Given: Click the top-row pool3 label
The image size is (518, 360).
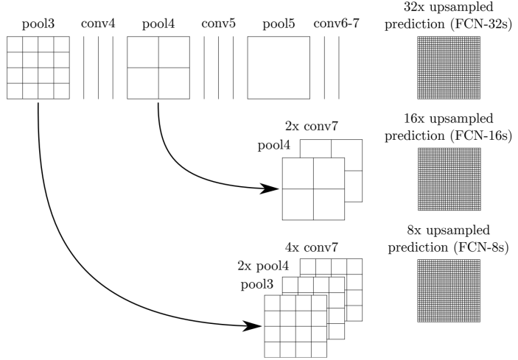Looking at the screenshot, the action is click(x=38, y=24).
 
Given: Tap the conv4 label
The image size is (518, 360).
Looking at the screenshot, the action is click(x=98, y=24).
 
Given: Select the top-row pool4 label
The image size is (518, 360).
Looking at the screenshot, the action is click(x=158, y=24).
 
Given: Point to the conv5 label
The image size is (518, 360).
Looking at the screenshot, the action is click(x=218, y=24).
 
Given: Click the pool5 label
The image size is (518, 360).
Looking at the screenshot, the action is click(x=279, y=24).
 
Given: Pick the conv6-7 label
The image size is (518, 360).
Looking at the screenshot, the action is click(x=336, y=24).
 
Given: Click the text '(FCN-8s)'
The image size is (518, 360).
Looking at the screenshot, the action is click(x=481, y=247).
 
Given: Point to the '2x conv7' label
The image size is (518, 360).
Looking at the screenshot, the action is click(x=312, y=126).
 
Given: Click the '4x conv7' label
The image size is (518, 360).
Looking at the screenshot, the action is click(x=312, y=247).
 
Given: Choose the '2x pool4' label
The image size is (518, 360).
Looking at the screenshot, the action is click(x=263, y=267).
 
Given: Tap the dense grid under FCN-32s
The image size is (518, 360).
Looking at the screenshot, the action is click(x=449, y=68).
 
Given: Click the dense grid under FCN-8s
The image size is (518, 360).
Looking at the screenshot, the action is click(x=449, y=291).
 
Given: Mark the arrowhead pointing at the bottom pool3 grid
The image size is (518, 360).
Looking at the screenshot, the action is click(x=253, y=326).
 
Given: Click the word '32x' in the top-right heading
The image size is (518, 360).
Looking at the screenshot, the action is click(x=414, y=7).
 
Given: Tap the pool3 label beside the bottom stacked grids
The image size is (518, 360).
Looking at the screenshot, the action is click(x=257, y=285).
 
